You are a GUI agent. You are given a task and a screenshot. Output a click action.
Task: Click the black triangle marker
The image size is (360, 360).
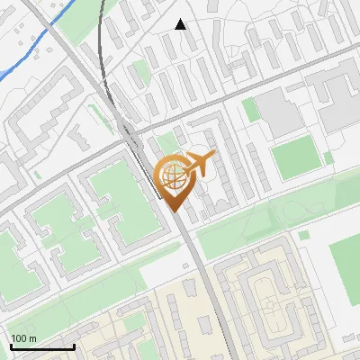181,25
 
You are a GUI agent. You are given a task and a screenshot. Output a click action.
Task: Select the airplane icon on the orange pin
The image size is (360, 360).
197,165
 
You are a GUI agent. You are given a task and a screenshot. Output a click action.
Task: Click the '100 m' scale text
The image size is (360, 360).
23,338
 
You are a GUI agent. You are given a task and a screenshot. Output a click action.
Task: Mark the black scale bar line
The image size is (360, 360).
41,346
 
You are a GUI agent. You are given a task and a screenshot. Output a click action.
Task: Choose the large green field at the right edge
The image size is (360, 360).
346,265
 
